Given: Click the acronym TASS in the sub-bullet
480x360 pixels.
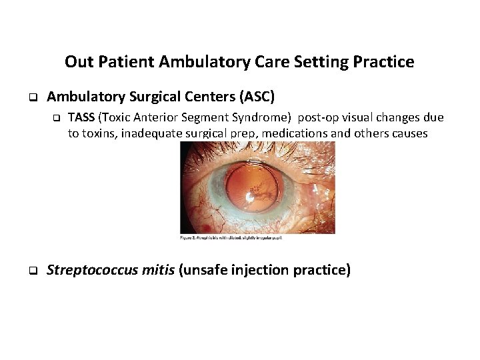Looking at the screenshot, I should (81, 117).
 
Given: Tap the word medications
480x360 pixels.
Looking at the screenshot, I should (295, 133).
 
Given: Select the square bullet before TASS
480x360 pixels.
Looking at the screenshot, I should (57, 118).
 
